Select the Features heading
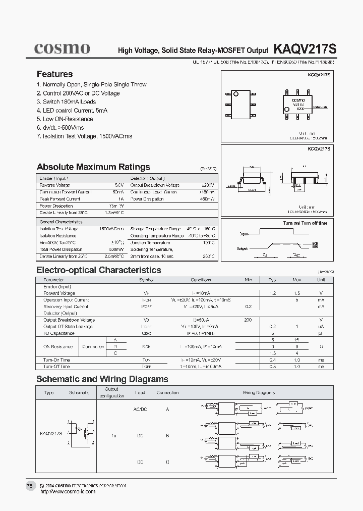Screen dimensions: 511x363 pyautogui.click(x=54, y=74)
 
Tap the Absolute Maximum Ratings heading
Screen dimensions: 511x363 pyautogui.click(x=93, y=167)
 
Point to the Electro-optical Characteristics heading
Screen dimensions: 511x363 pyautogui.click(x=99, y=270)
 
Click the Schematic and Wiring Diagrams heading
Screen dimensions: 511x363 pyautogui.click(x=102, y=379)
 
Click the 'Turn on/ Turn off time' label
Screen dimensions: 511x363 pyautogui.click(x=305, y=223)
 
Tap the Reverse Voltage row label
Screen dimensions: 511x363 pyautogui.click(x=55, y=185)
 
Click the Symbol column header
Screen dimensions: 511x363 pyautogui.click(x=146, y=280)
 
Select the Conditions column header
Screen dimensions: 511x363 pyautogui.click(x=201, y=280)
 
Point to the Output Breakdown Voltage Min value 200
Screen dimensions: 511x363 pyautogui.click(x=248, y=320)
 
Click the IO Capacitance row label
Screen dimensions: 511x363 pyautogui.click(x=58, y=333)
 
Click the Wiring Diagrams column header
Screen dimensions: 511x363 pyautogui.click(x=259, y=392)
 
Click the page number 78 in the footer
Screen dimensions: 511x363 pyautogui.click(x=29, y=485)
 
